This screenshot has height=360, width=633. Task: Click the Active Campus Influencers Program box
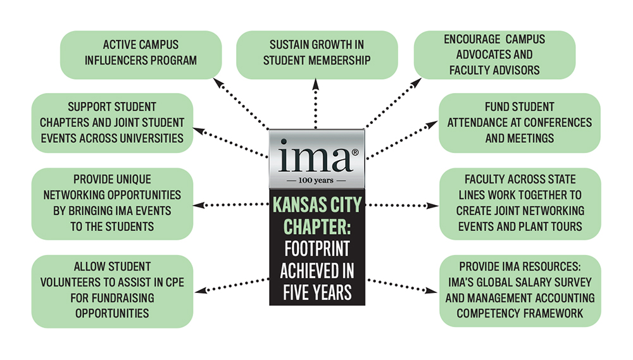[x=141, y=55]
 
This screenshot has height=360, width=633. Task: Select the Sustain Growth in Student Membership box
[x=317, y=55]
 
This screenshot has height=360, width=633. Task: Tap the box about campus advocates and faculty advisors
[x=494, y=55]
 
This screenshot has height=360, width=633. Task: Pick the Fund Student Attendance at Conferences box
[x=520, y=123]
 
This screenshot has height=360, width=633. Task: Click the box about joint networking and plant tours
[x=520, y=204]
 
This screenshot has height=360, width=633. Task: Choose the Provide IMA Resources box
[x=520, y=290]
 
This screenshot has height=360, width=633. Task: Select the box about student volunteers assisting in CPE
[x=112, y=291]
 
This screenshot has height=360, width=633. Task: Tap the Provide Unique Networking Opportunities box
[x=112, y=204]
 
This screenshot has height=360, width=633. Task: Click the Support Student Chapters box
[x=112, y=123]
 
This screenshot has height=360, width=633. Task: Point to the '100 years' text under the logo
[x=316, y=180]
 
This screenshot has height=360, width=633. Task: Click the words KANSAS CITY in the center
[x=317, y=204]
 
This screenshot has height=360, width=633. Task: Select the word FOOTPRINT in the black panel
[x=317, y=249]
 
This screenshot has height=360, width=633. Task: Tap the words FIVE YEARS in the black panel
[x=317, y=292]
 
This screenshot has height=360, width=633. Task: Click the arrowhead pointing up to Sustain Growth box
[x=316, y=84]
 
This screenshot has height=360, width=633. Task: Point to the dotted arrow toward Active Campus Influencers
[x=241, y=104]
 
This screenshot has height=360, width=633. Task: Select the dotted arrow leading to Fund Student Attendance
[x=402, y=140]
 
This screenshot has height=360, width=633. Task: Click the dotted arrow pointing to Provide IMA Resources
[x=403, y=285]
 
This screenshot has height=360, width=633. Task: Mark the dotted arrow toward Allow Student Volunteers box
[x=232, y=285]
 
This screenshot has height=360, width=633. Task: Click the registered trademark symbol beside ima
[x=355, y=152]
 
